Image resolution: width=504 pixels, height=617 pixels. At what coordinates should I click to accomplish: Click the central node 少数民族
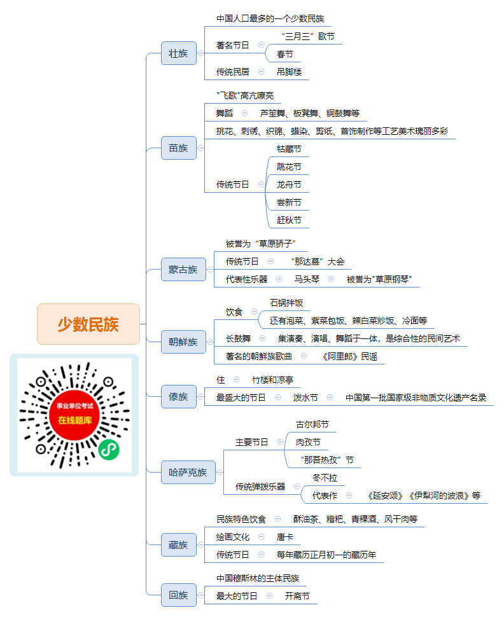(88, 324)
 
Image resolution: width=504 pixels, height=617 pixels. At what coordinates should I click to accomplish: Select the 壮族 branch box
(178, 53)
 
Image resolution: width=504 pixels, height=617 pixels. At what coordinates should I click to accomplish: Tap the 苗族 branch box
(178, 148)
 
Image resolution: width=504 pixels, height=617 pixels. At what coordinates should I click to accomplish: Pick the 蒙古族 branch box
(183, 270)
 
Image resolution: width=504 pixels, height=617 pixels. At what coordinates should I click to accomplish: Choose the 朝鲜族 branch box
(183, 342)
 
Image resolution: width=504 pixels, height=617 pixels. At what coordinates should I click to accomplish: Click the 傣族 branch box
(178, 397)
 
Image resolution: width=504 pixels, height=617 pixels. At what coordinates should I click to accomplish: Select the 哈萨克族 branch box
(188, 472)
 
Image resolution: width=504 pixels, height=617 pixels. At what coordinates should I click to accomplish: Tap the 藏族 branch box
(178, 545)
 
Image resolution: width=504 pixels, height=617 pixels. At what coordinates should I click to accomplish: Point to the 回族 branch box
(178, 595)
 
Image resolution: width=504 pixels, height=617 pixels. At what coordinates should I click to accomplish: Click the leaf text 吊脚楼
(289, 72)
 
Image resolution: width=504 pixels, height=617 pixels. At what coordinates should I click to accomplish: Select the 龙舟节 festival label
(289, 184)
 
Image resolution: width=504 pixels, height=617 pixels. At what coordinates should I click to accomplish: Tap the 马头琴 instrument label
(307, 279)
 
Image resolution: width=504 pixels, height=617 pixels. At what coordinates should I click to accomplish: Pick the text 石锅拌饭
(286, 303)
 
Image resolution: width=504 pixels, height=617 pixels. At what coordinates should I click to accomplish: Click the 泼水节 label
(305, 398)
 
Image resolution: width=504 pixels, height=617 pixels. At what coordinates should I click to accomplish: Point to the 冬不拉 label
(325, 478)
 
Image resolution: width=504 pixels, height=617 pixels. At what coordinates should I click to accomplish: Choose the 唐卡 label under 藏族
(284, 537)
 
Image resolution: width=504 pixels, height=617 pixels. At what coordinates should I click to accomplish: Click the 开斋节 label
(297, 596)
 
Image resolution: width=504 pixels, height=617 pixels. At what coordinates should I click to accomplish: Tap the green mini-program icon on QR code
(109, 449)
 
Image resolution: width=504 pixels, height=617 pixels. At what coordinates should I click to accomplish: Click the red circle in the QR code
(75, 415)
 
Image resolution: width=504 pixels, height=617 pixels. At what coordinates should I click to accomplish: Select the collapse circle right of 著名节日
(261, 45)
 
